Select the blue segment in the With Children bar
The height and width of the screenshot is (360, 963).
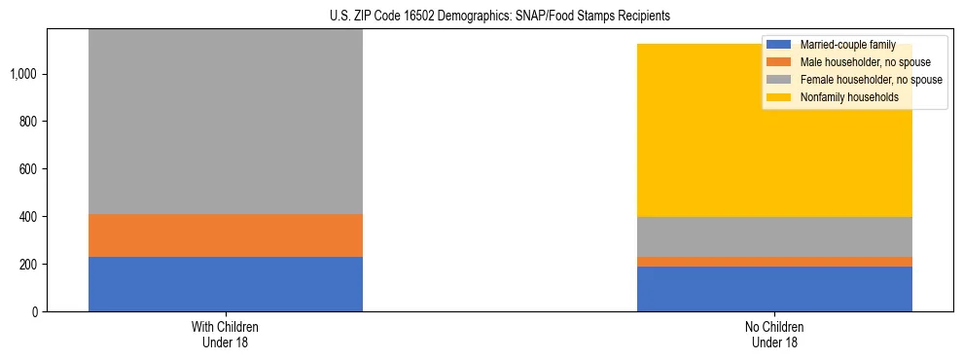225,284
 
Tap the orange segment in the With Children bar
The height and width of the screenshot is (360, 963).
225,235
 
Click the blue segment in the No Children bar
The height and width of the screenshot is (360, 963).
774,289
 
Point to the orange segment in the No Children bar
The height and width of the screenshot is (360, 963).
774,262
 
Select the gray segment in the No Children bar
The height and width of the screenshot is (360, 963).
774,236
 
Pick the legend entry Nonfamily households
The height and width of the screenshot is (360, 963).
841,97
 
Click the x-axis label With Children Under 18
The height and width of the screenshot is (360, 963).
225,335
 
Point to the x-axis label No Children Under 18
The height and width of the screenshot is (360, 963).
774,335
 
